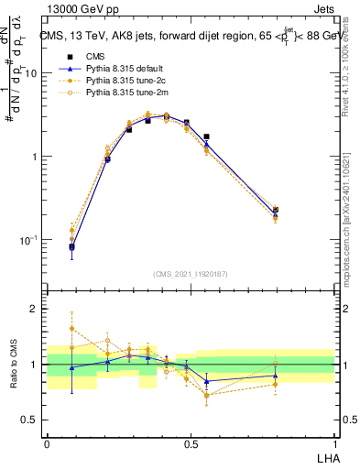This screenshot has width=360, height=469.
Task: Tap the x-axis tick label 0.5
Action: point(191,442)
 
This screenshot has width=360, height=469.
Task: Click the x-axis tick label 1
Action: point(334,442)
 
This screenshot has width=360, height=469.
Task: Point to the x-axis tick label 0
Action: point(47,442)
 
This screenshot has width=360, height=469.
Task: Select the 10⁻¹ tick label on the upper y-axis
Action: point(30,240)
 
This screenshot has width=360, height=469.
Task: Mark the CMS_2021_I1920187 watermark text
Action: point(190,274)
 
